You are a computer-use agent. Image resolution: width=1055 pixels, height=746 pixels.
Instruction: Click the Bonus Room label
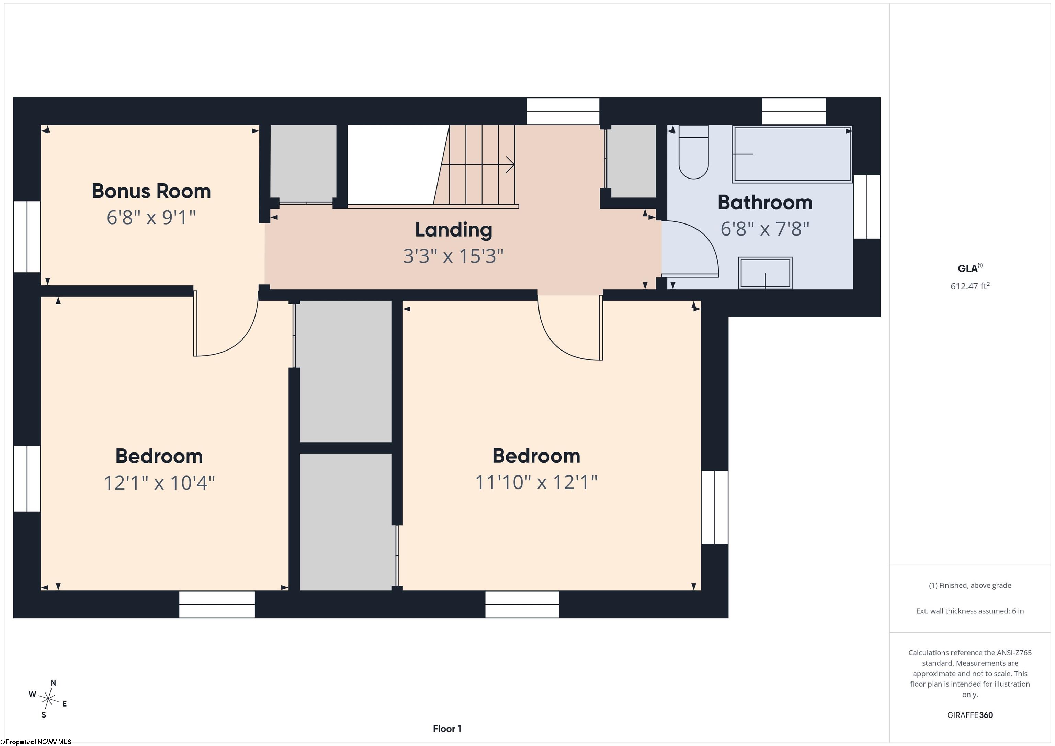pyautogui.click(x=151, y=191)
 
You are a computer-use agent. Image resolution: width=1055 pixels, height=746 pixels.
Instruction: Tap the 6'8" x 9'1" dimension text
pyautogui.click(x=151, y=217)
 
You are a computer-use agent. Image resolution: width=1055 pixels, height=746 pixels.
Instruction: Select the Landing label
pyautogui.click(x=454, y=230)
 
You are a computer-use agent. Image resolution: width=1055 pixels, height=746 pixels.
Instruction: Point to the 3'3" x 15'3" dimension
pyautogui.click(x=454, y=256)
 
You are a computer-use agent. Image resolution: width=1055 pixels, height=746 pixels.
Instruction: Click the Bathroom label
pyautogui.click(x=765, y=203)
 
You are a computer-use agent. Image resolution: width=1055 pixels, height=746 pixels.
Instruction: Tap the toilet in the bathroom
pyautogui.click(x=693, y=152)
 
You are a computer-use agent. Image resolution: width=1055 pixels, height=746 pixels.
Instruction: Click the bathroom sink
pyautogui.click(x=765, y=273)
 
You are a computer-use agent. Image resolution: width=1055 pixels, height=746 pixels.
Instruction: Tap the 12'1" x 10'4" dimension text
pyautogui.click(x=159, y=483)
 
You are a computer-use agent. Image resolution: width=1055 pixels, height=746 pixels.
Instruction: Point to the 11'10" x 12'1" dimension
pyautogui.click(x=536, y=482)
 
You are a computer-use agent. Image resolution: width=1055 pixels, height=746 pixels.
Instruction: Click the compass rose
pyautogui.click(x=48, y=699)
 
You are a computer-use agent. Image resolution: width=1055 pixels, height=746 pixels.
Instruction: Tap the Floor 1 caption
pyautogui.click(x=447, y=728)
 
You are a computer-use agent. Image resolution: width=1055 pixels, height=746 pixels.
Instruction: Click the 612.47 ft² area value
pyautogui.click(x=970, y=286)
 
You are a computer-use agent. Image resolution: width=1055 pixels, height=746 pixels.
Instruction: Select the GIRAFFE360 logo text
pyautogui.click(x=970, y=715)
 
